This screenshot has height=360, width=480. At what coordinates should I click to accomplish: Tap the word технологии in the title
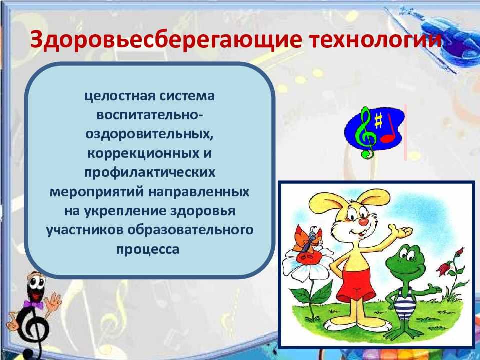tap(375, 40)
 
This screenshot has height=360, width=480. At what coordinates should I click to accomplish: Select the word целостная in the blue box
tap(116, 96)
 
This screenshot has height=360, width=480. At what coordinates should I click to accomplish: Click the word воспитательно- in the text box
tap(149, 116)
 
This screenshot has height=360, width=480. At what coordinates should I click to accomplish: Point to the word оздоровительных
tap(149, 135)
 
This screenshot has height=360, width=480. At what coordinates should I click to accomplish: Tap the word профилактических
tap(150, 173)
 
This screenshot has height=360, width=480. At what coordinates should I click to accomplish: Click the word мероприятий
tap(96, 192)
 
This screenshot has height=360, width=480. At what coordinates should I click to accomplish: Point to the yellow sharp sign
tap(378, 120)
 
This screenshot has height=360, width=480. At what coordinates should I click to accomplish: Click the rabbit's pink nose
tap(364, 222)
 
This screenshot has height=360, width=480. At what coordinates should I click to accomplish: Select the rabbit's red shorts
tap(357, 282)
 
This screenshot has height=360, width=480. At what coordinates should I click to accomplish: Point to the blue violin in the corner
tap(447, 38)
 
